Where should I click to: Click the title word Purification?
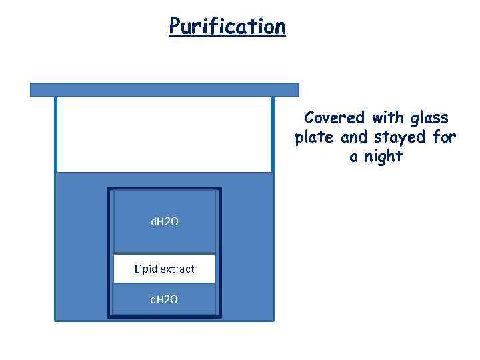(x=227, y=26)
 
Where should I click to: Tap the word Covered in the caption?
(x=335, y=118)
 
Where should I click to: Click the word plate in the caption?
(x=315, y=138)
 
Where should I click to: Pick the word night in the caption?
(x=383, y=157)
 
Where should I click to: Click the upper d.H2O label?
(x=164, y=221)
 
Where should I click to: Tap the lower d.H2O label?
(x=164, y=299)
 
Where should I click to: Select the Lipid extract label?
(x=164, y=269)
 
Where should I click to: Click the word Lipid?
(x=145, y=269)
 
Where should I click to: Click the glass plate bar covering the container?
(x=165, y=89)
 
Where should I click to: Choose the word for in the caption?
(x=444, y=137)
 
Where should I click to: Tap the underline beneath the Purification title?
(x=227, y=37)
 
